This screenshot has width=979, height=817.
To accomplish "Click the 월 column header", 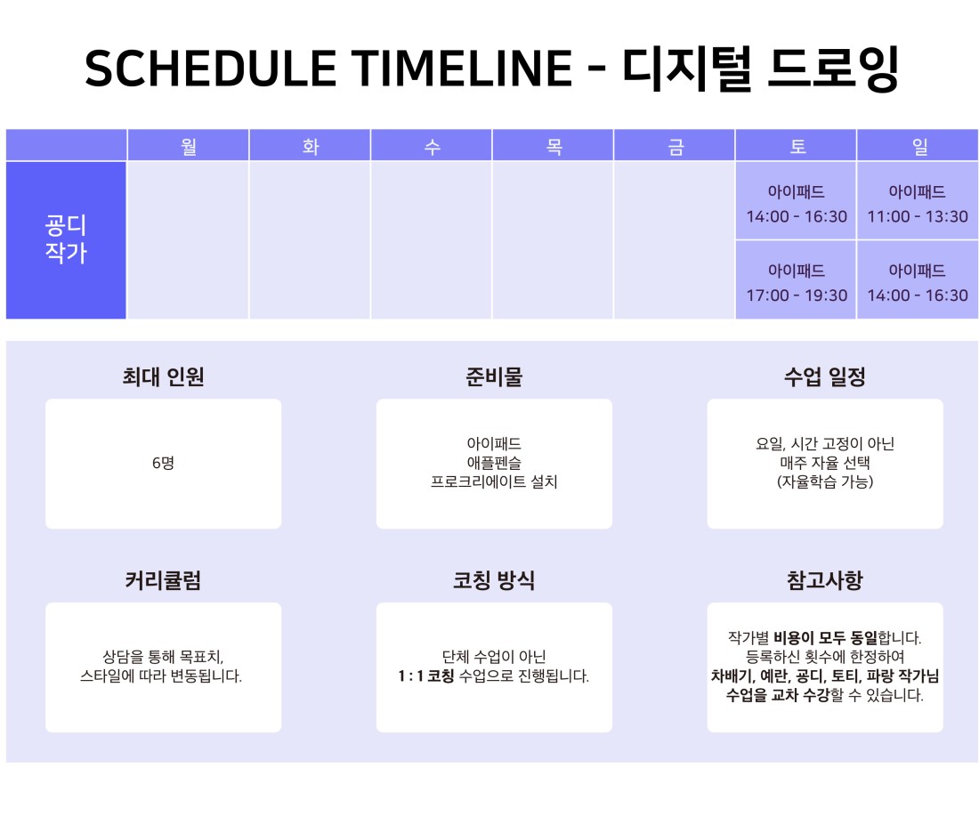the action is tap(189, 146).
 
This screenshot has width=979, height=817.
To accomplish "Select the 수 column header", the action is tap(432, 146).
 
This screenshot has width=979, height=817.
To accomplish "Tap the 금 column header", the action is tap(676, 146).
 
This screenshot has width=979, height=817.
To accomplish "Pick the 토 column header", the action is tap(797, 146).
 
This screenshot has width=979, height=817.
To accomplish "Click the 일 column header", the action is tap(918, 146).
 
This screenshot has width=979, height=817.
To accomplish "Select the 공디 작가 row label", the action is tap(66, 240).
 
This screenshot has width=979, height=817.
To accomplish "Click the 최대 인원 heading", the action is tap(163, 376).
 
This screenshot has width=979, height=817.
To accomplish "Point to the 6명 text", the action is tap(163, 463).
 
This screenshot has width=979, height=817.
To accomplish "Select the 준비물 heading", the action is tap(494, 376).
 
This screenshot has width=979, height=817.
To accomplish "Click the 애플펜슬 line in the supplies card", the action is tap(494, 463).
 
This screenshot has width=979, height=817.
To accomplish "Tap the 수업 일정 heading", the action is tap(825, 376).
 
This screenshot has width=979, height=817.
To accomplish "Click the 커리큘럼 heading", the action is tap(163, 580).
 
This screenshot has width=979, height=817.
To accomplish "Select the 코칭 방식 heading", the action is tap(494, 580).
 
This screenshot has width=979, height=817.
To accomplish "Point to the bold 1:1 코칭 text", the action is tap(426, 676).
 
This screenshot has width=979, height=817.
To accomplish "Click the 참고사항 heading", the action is tap(825, 580).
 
